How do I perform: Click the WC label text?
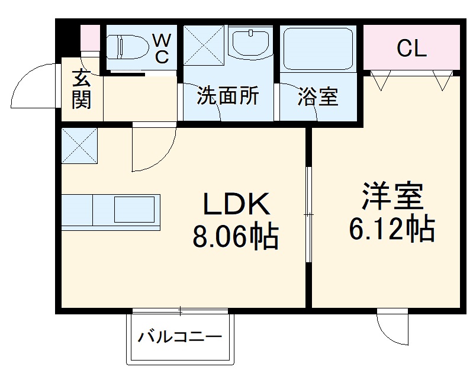162,49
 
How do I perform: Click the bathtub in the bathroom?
318,49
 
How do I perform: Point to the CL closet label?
411,49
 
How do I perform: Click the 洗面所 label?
228,96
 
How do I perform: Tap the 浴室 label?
318,96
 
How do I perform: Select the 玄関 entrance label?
82,89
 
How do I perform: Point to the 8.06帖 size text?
235,237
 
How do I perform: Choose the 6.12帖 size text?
392,229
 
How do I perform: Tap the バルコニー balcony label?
180,338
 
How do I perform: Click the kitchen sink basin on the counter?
136,210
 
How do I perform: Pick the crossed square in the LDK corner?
79,145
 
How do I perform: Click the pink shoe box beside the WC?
90,38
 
